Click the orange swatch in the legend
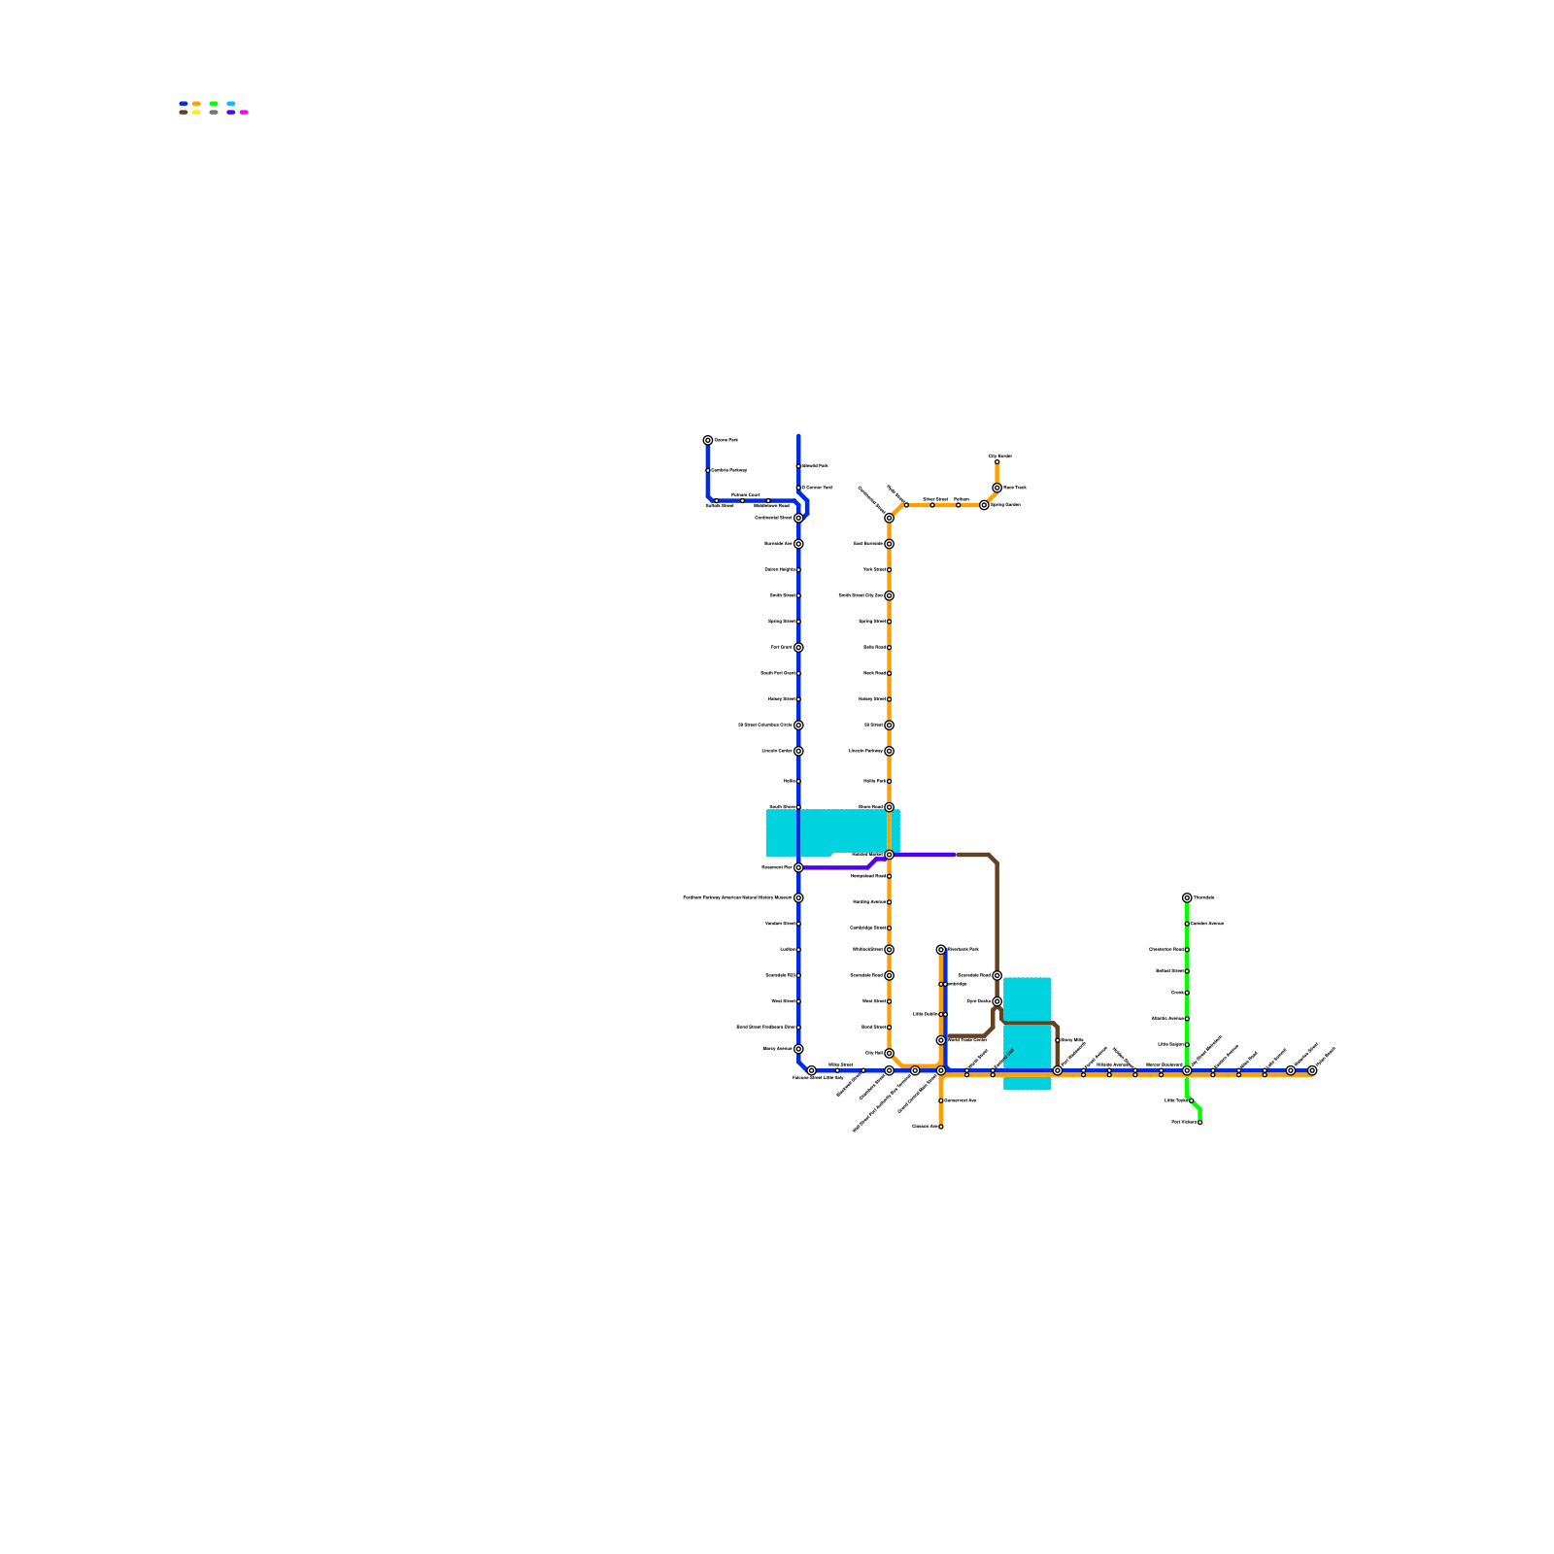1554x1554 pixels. (x=196, y=103)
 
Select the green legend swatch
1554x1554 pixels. (x=214, y=103)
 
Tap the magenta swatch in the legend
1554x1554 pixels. (x=244, y=112)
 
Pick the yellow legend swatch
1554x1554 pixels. (x=196, y=112)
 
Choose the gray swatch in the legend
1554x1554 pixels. (x=214, y=112)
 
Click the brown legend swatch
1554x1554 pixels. (x=184, y=112)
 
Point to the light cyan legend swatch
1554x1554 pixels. (x=231, y=103)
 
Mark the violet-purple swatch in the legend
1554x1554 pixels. (x=231, y=112)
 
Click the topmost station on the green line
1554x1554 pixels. (x=1187, y=897)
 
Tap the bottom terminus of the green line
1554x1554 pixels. (x=1200, y=1122)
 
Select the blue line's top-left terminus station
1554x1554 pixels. (x=708, y=440)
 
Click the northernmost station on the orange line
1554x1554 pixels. (x=997, y=461)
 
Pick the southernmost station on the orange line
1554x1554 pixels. (x=941, y=1127)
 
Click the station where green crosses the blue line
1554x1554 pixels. (x=1187, y=1070)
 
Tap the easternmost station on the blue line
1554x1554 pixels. (x=1312, y=1070)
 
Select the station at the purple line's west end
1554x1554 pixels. (x=798, y=867)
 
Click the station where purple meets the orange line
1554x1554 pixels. (x=889, y=855)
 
